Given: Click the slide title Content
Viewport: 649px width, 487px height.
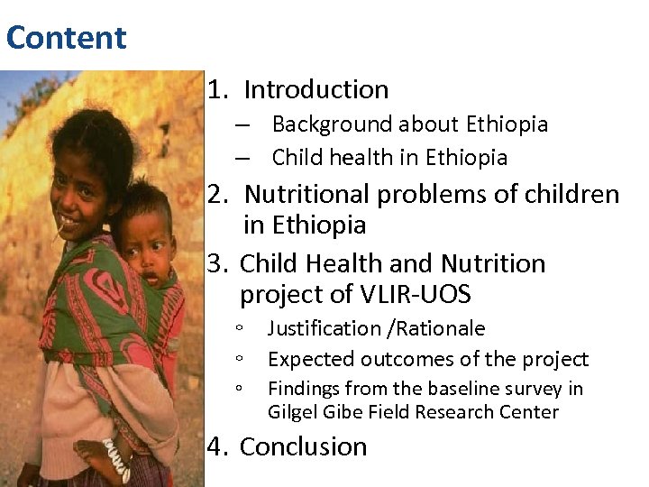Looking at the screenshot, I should point(66,38).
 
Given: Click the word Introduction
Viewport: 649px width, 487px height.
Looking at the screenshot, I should point(316,90).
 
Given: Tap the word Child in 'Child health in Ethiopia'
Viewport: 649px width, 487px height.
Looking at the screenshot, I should point(296,158).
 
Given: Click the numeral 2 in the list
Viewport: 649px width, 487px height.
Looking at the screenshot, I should point(215,194).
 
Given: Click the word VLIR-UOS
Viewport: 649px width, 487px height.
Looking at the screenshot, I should point(417,295).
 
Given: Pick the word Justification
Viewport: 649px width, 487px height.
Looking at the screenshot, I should point(324,328).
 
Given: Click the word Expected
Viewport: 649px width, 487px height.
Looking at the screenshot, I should point(310,359).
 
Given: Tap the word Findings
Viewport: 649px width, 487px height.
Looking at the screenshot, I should point(306,389).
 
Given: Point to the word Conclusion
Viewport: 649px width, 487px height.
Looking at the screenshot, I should point(304,446).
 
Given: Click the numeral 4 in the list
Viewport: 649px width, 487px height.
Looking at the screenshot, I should point(215,446).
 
